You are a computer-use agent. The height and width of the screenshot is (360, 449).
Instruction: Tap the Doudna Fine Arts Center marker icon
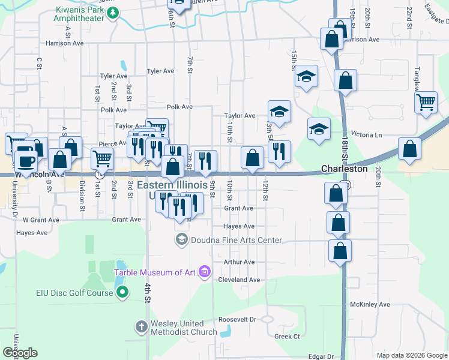point(181,240)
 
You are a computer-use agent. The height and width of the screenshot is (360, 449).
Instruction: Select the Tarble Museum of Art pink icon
point(205,272)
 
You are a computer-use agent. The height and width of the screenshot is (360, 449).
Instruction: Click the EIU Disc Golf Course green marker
point(122,293)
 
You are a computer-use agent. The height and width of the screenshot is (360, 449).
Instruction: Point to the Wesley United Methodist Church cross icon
point(141,327)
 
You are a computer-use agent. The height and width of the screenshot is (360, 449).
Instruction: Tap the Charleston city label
point(344,169)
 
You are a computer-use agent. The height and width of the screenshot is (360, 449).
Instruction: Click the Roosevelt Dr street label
point(237,319)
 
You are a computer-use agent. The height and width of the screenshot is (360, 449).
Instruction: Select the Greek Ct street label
point(287,337)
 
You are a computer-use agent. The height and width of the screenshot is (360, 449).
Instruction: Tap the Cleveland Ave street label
point(239,280)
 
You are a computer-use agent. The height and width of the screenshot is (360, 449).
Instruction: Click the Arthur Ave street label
point(239,262)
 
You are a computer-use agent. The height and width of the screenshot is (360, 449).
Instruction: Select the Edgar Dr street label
point(320,356)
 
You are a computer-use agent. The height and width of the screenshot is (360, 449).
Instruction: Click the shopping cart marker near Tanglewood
point(426,102)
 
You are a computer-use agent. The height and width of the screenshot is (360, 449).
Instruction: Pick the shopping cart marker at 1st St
point(102,159)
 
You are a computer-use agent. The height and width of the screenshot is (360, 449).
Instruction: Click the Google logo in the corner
point(20,353)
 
